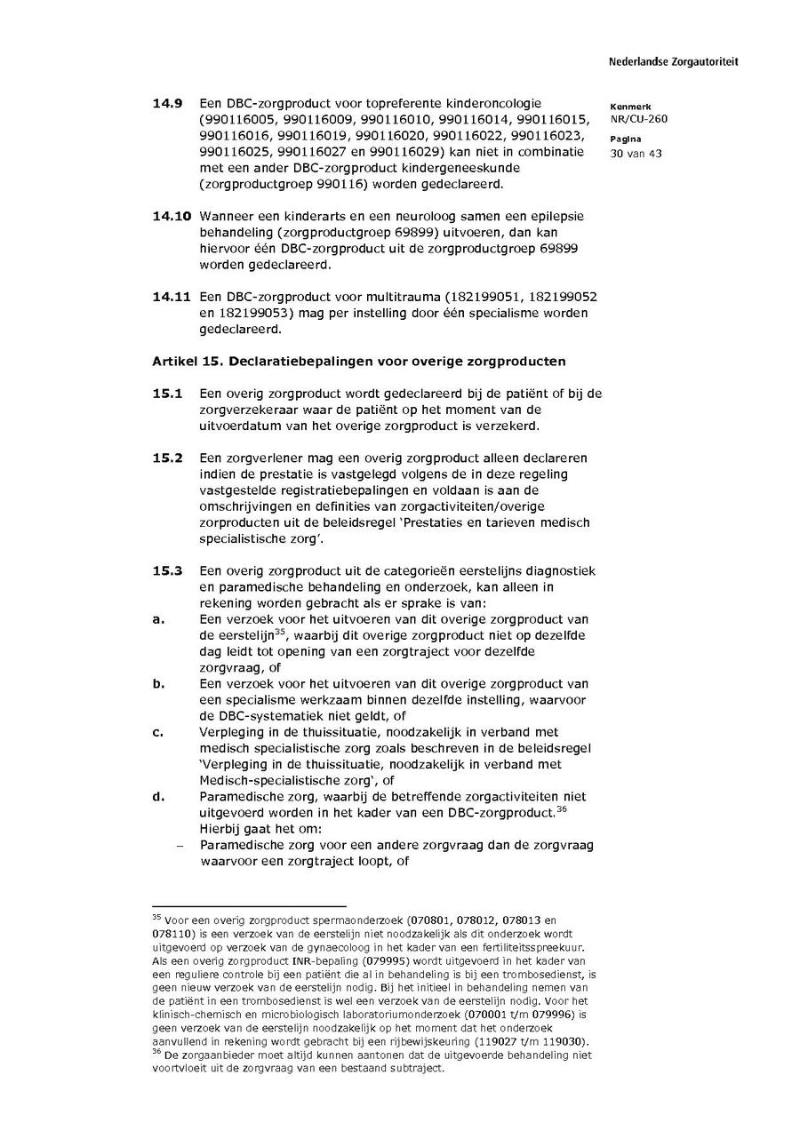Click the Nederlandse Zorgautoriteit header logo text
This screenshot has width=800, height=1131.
coord(673,62)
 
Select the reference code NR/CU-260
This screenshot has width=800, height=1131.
coord(638,119)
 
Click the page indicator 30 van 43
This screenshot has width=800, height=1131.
coord(636,153)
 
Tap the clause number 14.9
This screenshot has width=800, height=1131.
coord(167,104)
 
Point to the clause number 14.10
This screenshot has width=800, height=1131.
coord(171,216)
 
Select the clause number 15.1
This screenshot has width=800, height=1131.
coord(167,393)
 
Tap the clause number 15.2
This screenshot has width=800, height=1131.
coord(167,458)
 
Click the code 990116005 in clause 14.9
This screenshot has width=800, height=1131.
coord(233,120)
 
